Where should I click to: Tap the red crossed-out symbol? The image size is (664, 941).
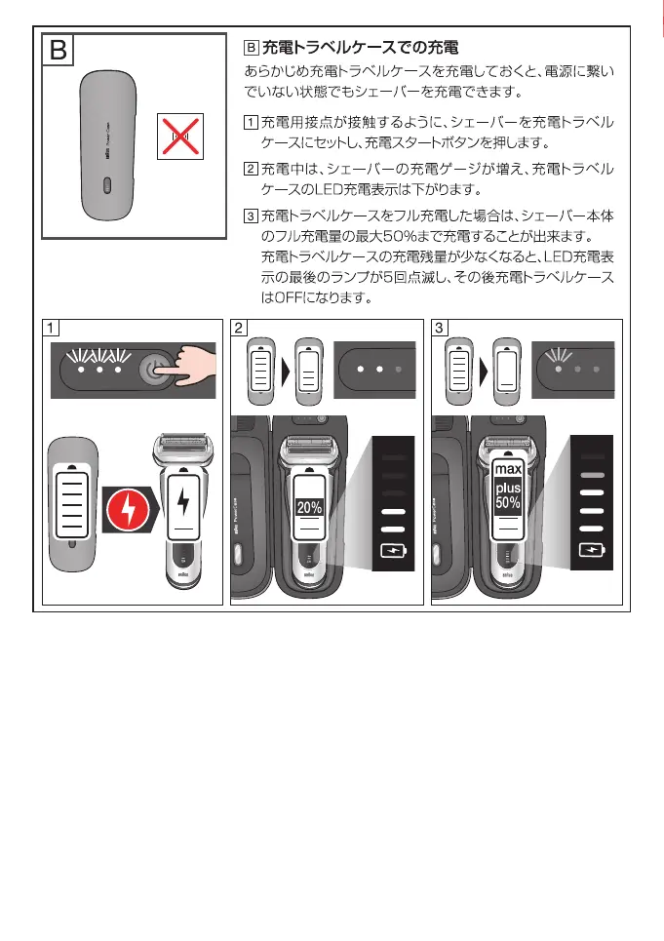tap(181, 136)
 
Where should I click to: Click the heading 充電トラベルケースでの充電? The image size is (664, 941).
tap(360, 47)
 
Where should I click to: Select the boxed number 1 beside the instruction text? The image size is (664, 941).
tap(251, 123)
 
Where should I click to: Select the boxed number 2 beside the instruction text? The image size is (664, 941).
tap(251, 170)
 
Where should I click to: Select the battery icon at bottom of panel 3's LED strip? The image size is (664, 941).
tap(593, 549)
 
